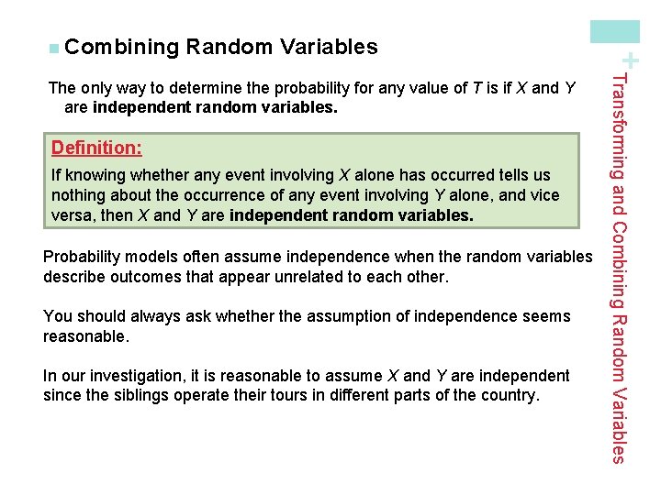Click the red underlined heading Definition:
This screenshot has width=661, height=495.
(x=96, y=148)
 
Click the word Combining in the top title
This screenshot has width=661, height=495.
(x=122, y=47)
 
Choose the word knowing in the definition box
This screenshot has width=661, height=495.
(x=95, y=175)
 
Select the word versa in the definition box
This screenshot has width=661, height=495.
(x=73, y=215)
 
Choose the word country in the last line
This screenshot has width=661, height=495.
(x=510, y=396)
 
